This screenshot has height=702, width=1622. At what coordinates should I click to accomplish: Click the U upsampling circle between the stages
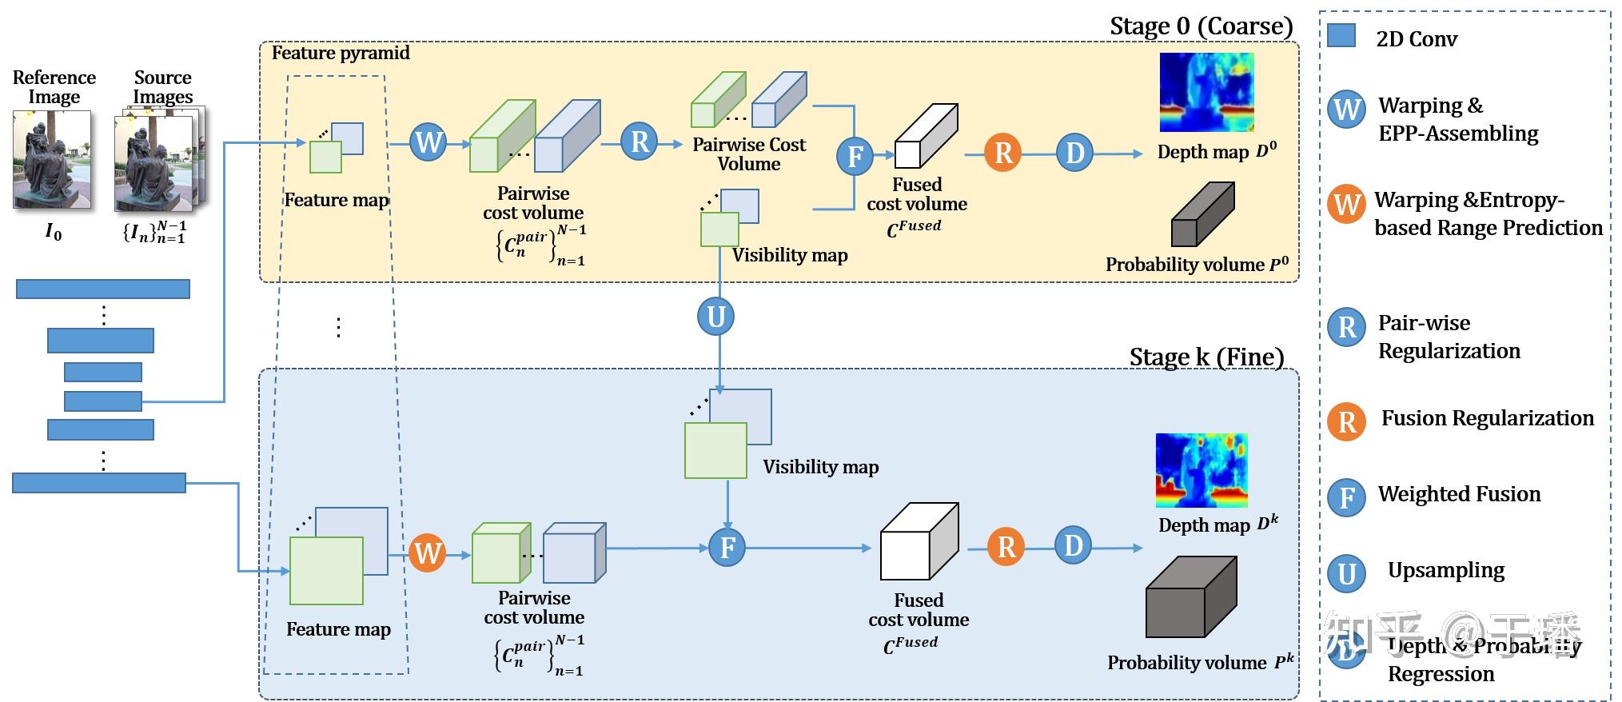[x=715, y=317]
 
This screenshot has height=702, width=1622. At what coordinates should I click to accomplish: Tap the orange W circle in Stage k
[x=428, y=553]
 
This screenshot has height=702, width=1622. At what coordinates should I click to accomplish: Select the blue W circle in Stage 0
[x=428, y=142]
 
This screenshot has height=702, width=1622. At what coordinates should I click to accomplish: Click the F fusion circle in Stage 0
[x=855, y=156]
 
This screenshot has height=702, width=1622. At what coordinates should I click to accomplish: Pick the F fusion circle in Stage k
[x=727, y=548]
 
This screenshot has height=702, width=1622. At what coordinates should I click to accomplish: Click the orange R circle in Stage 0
[x=1003, y=152]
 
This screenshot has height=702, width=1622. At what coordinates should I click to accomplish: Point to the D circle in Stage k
[x=1073, y=546]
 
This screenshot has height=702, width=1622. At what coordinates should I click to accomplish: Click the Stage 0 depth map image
[x=1206, y=92]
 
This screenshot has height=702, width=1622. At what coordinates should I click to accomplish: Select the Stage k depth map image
[x=1202, y=470]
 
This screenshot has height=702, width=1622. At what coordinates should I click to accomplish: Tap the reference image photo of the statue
[x=52, y=160]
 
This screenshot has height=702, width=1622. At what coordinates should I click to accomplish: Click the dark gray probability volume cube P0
[x=1202, y=214]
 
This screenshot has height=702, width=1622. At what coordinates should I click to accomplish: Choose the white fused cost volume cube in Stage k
[x=919, y=541]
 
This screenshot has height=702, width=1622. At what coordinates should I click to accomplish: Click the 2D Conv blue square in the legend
[x=1341, y=36]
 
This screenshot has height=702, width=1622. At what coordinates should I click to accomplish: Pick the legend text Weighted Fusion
[x=1459, y=494]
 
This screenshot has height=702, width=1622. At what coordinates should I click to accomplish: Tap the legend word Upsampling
[x=1445, y=570]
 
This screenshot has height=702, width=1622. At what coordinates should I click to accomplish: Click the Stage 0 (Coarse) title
[x=1201, y=26]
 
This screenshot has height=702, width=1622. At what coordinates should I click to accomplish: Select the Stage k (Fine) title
[x=1206, y=357]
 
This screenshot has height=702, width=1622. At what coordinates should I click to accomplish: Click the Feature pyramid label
[x=341, y=53]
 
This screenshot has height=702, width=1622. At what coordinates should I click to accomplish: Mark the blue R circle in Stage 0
[x=640, y=142]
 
